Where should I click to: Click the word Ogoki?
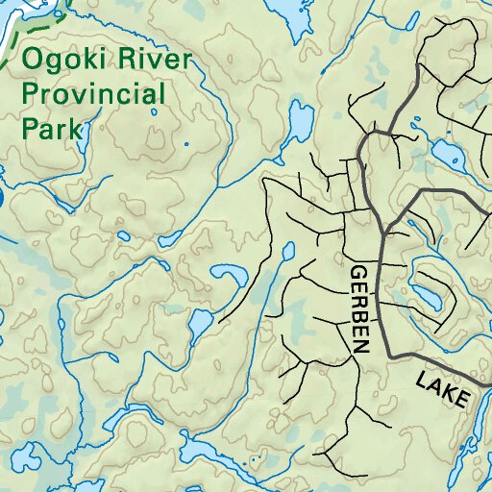(x=63, y=62)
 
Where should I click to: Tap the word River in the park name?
(x=153, y=62)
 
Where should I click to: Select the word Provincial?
(x=94, y=96)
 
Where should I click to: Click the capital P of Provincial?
(x=32, y=96)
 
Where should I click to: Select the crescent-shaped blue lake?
(x=228, y=280)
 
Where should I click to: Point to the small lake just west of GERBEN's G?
(x=287, y=253)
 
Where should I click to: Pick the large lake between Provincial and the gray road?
(x=301, y=122)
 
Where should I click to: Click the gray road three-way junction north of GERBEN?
(x=383, y=233)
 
